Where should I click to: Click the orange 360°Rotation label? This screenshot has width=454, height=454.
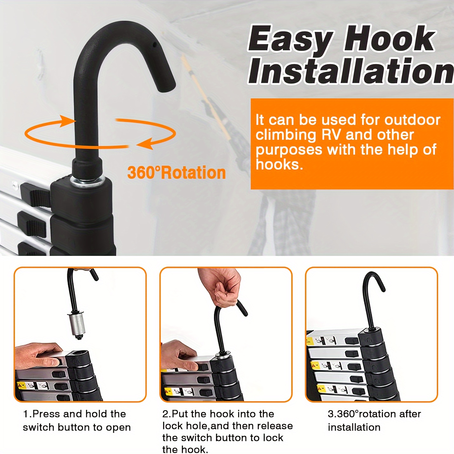click(x=177, y=173)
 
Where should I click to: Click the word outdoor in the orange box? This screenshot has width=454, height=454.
click(x=412, y=120)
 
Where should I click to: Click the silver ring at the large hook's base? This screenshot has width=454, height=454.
click(x=87, y=181)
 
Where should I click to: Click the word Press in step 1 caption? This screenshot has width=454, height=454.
click(x=46, y=414)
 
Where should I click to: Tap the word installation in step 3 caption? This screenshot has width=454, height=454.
click(x=354, y=427)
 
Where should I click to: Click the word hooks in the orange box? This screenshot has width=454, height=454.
click(x=279, y=164)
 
